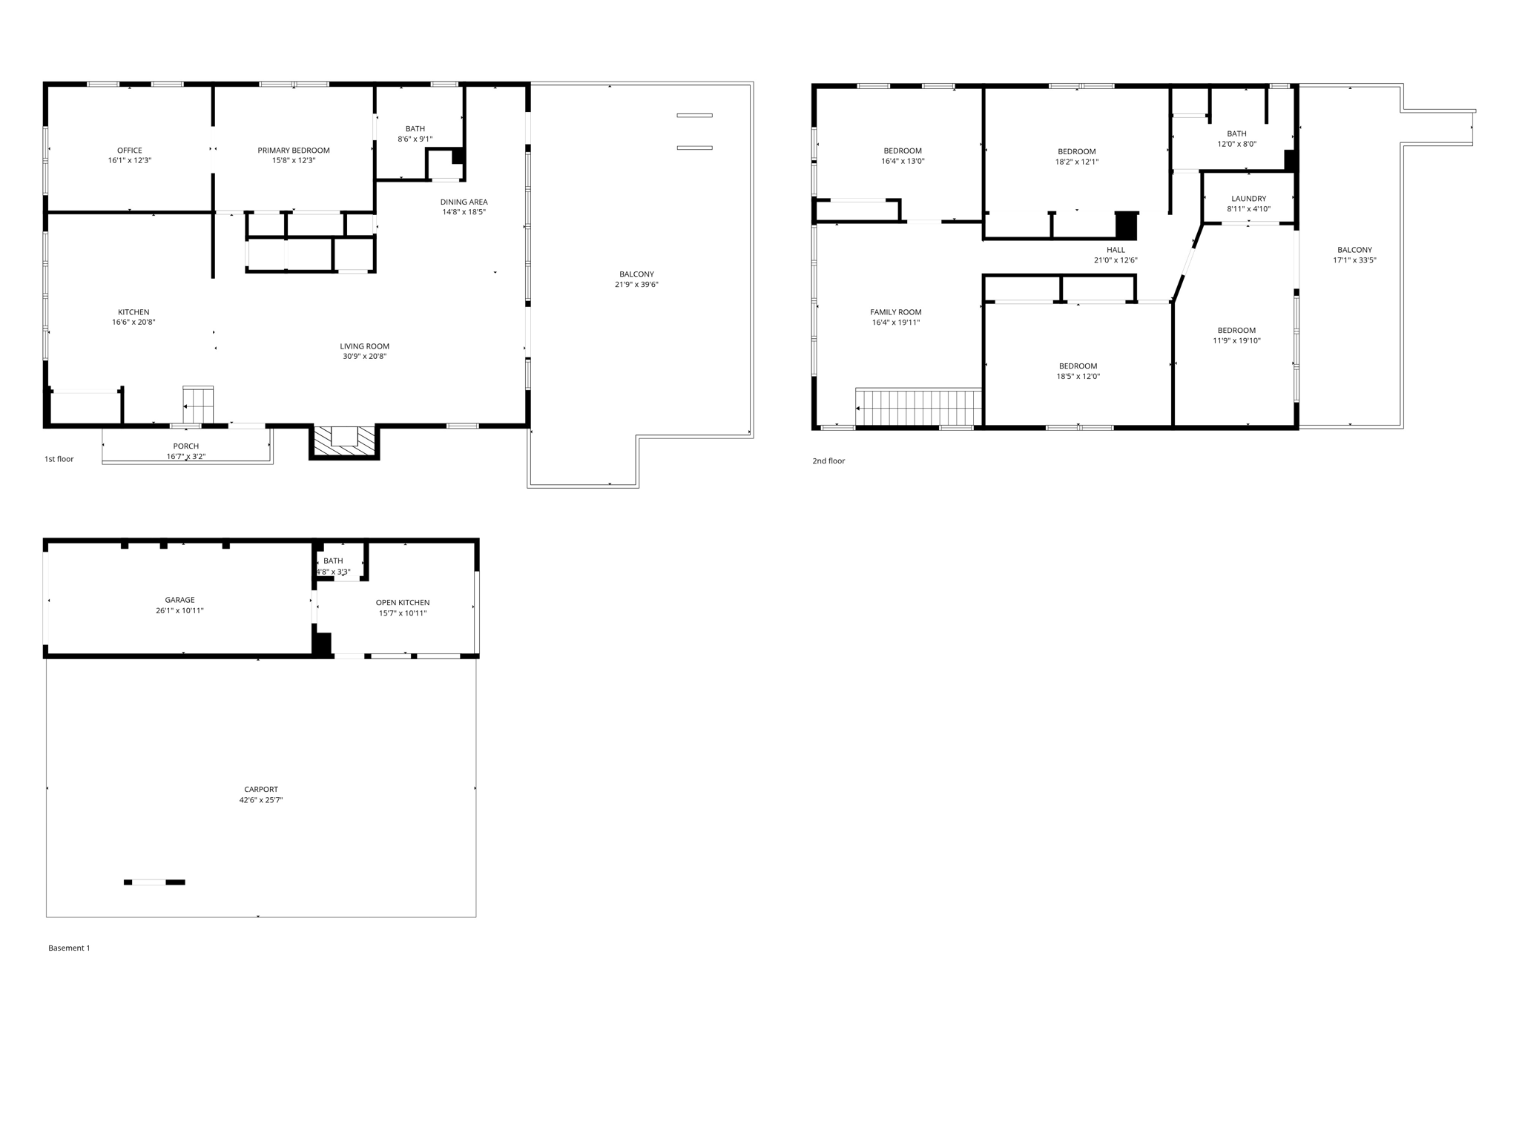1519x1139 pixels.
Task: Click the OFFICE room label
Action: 129,151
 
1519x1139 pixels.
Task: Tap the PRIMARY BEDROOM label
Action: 294,151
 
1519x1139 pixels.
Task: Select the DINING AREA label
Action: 464,202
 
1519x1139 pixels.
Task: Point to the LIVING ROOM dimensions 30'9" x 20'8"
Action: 364,357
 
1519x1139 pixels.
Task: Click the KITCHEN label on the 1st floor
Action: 134,312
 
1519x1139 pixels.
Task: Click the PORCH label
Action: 185,446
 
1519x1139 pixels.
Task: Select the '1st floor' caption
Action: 59,459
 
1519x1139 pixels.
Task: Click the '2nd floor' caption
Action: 828,461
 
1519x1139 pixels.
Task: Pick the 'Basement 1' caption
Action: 69,948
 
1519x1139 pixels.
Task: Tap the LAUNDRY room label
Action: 1248,199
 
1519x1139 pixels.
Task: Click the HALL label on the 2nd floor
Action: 1116,250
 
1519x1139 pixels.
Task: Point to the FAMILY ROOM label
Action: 896,312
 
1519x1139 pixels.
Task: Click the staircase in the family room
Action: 920,407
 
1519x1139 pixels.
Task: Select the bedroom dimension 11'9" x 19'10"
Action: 1236,341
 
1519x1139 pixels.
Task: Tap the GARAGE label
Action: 179,600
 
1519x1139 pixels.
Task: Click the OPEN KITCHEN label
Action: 403,603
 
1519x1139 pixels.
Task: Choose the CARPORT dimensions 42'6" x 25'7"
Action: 261,800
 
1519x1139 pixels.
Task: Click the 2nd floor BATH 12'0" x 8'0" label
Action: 1236,134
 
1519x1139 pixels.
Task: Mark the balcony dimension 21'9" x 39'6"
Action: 636,285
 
